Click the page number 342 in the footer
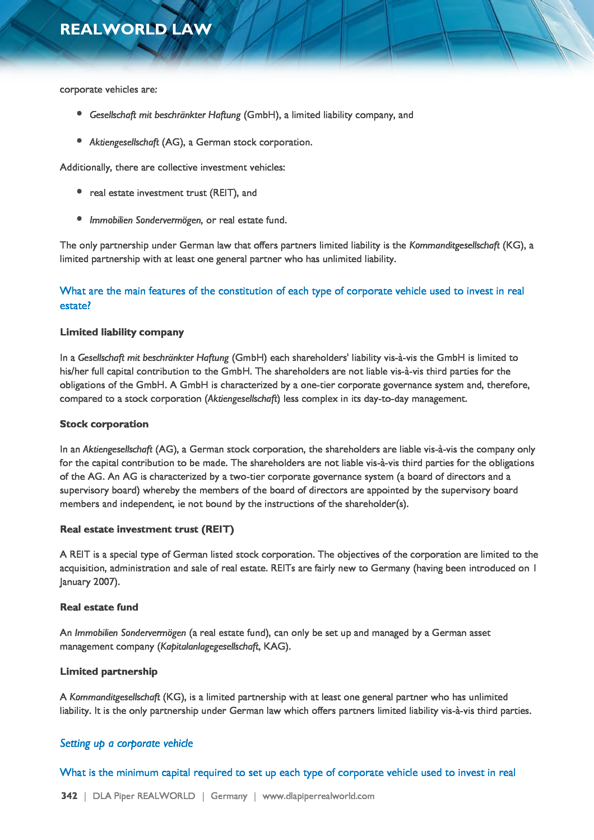(69, 796)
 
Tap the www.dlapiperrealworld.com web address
(318, 796)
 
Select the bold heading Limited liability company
(122, 332)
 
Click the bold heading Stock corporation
(104, 424)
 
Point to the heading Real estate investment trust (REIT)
(147, 529)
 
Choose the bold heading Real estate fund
(99, 607)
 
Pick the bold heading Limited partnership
(108, 671)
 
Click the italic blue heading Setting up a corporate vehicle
(126, 743)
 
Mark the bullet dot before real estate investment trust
(79, 191)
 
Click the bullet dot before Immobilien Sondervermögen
(79, 219)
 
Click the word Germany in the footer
(229, 796)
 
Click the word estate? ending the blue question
(75, 306)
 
